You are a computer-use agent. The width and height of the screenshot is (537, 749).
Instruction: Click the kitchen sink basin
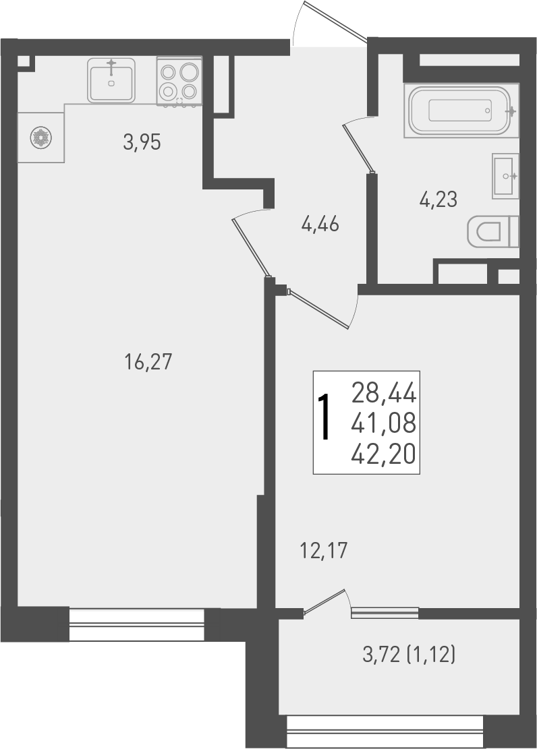pyautogui.click(x=111, y=80)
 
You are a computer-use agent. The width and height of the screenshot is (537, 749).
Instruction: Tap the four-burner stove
pyautogui.click(x=179, y=81)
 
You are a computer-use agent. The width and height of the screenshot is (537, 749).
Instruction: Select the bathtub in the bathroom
pyautogui.click(x=461, y=111)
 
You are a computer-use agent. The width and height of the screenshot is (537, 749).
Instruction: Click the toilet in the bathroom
pyautogui.click(x=493, y=232)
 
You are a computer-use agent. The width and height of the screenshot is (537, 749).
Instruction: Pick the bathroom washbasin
pyautogui.click(x=505, y=176)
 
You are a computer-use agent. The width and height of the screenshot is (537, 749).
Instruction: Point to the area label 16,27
pyautogui.click(x=149, y=363)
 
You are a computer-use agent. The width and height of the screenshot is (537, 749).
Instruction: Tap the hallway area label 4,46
pyautogui.click(x=320, y=224)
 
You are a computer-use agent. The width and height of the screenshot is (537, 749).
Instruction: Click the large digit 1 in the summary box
pyautogui.click(x=325, y=417)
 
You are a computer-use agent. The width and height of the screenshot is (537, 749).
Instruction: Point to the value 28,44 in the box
pyautogui.click(x=384, y=391)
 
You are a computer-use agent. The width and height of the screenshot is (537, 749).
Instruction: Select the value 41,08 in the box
pyautogui.click(x=384, y=424)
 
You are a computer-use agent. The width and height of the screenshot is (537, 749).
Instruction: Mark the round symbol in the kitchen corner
pyautogui.click(x=40, y=138)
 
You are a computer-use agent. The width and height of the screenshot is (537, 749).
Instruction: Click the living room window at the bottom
pyautogui.click(x=136, y=625)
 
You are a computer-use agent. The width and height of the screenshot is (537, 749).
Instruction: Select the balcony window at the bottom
pyautogui.click(x=385, y=732)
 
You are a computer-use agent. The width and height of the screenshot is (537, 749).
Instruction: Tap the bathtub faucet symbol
pyautogui.click(x=512, y=110)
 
